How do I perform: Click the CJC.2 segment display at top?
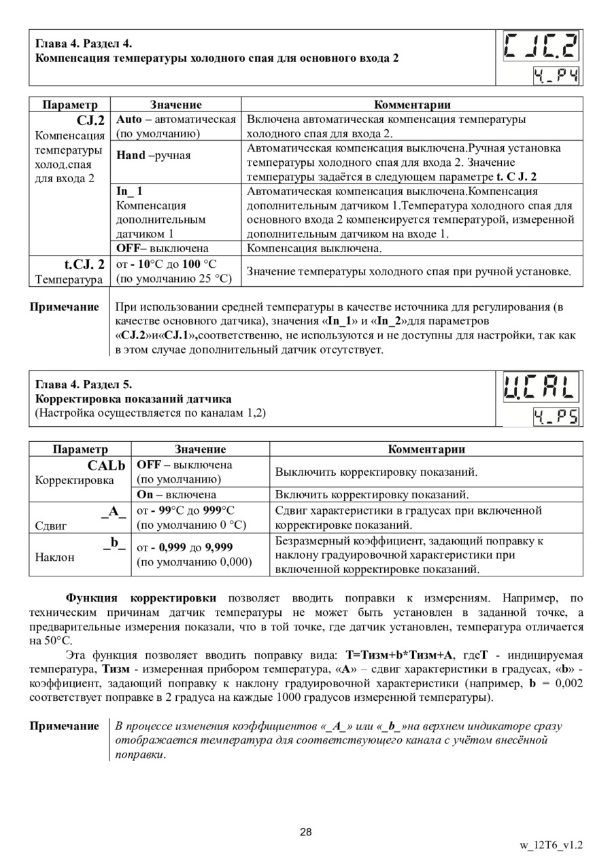tap(541, 48)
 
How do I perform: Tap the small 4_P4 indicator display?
tap(556, 76)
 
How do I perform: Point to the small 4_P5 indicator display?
tap(556, 416)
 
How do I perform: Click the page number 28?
tap(305, 832)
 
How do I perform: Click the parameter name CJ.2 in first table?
tap(90, 120)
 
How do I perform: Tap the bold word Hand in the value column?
tap(131, 155)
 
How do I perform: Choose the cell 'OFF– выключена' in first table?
tap(163, 248)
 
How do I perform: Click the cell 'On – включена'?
tap(177, 494)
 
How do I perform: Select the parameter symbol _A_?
tap(114, 510)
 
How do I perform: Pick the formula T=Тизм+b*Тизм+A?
tap(399, 655)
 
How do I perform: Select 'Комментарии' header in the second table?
tap(426, 449)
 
